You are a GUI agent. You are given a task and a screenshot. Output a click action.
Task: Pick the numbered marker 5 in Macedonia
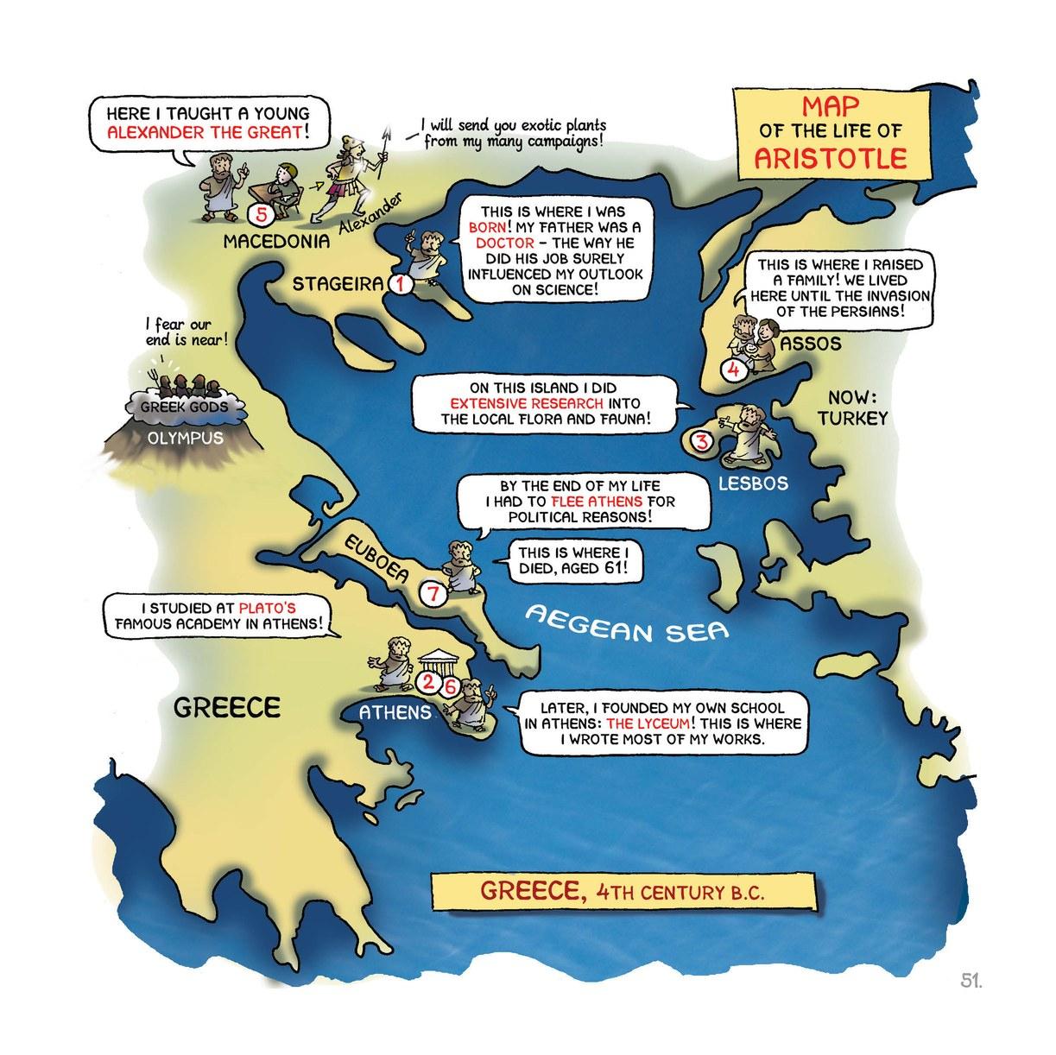(256, 212)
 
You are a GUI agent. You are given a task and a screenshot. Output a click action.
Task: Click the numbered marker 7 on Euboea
(433, 593)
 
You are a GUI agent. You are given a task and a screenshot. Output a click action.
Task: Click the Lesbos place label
(753, 484)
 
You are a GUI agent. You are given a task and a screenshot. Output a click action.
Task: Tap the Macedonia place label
(276, 241)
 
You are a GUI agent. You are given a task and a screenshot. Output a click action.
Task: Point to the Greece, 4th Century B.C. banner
(622, 890)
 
